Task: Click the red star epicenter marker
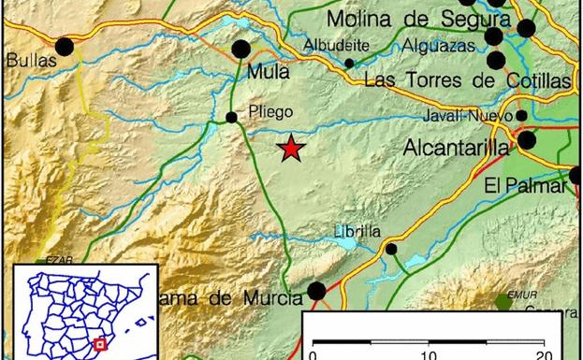pyautogui.click(x=292, y=148)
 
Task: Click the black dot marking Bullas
pyautogui.click(x=64, y=46)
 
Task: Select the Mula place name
pyautogui.click(x=266, y=70)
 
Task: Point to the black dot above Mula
pyautogui.click(x=240, y=49)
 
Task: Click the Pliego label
pyautogui.click(x=271, y=112)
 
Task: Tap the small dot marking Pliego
pyautogui.click(x=231, y=117)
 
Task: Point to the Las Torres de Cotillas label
pyautogui.click(x=466, y=80)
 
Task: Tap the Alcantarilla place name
pyautogui.click(x=456, y=148)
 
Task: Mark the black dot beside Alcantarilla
pyautogui.click(x=526, y=140)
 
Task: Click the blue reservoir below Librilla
pyautogui.click(x=344, y=243)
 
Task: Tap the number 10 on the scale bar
pyautogui.click(x=429, y=354)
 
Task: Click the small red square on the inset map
pyautogui.click(x=100, y=343)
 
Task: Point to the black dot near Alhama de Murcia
pyautogui.click(x=317, y=291)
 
